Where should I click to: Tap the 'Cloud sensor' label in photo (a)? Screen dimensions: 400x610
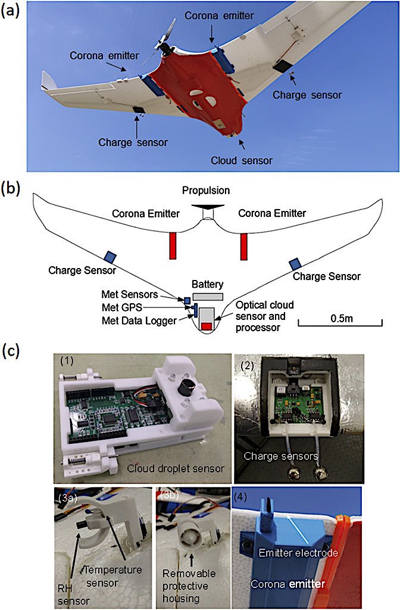[x=242, y=160]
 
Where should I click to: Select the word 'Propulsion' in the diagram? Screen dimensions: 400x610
[x=206, y=190]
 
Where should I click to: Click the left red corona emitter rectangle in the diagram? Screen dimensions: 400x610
[x=173, y=245]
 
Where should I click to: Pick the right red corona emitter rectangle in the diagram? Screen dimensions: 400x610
[x=243, y=246]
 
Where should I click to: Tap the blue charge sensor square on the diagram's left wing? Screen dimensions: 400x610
[x=110, y=256]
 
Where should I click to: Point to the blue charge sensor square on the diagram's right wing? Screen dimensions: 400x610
[x=296, y=263]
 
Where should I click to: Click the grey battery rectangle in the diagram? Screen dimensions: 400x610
[x=208, y=297]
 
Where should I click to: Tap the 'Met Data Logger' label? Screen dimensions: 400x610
[x=139, y=320]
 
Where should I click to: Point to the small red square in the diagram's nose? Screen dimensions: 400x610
[x=207, y=326]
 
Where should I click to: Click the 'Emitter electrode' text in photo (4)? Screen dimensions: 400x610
[x=298, y=552]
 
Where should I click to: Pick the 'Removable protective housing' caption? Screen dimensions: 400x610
[x=189, y=586]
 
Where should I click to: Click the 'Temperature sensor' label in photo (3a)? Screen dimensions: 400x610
[x=112, y=577]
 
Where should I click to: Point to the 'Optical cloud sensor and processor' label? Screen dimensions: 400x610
[x=264, y=316]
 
